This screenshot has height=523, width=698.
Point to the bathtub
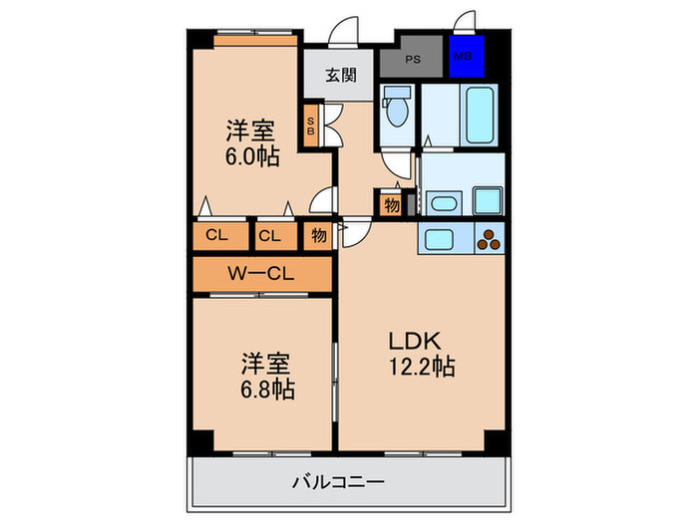click(476, 116)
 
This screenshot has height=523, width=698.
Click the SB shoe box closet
click(310, 126)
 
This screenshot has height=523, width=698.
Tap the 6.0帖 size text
click(251, 156)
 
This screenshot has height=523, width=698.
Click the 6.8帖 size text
click(266, 388)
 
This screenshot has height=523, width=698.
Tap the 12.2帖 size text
click(422, 367)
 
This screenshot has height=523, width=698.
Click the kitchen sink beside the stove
click(439, 239)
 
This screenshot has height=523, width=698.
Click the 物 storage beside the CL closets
click(317, 236)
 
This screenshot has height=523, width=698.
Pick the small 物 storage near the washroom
click(390, 205)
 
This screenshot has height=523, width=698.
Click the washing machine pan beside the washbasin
click(488, 199)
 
